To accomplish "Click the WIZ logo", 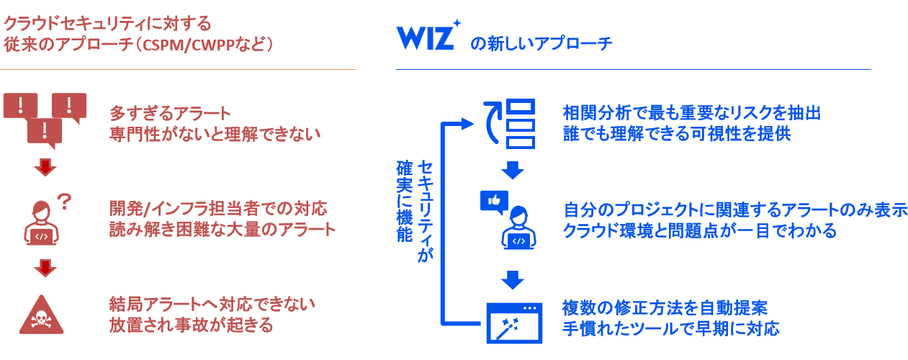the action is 425,37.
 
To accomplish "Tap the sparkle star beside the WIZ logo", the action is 457,23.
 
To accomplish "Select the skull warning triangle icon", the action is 41,315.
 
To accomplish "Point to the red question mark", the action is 64,202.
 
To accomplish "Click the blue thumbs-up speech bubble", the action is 494,202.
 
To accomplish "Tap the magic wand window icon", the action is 514,323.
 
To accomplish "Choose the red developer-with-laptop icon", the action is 41,223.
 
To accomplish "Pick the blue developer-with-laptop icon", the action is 519,228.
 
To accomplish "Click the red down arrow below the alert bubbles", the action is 45,167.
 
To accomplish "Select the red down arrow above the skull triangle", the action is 45,268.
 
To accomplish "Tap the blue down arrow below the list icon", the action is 513,170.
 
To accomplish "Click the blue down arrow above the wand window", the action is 513,280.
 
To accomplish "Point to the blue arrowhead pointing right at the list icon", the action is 467,124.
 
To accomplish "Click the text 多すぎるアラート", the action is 170,114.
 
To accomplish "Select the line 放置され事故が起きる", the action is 192,325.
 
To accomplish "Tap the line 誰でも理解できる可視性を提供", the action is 677,134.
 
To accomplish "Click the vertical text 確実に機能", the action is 405,202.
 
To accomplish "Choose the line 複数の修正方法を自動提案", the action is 665,308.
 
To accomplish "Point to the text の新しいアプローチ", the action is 541,44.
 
